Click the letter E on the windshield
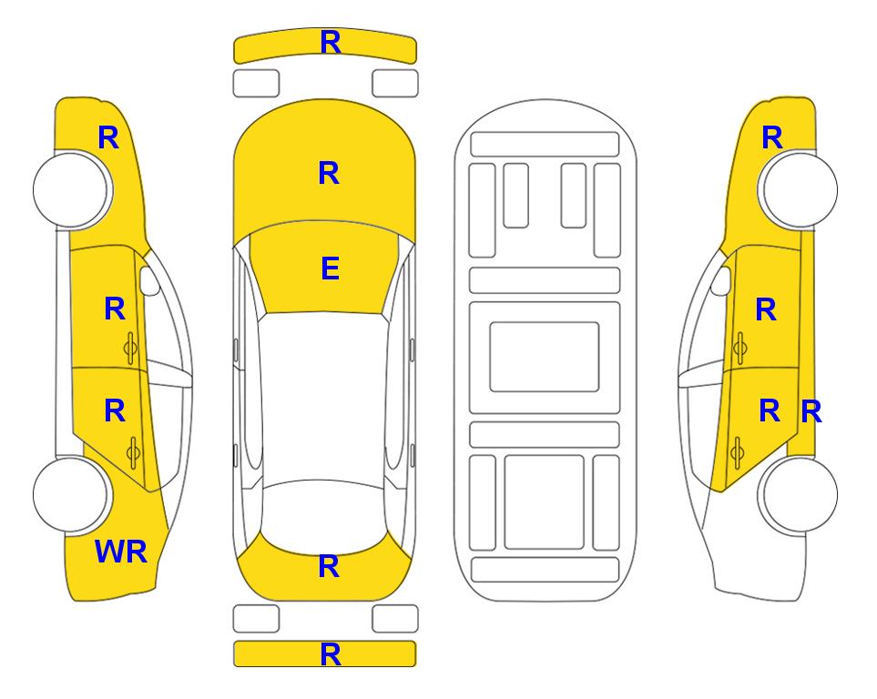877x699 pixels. [330, 268]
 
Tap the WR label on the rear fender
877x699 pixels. [121, 552]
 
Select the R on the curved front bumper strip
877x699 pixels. [331, 42]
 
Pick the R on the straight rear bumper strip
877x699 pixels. [331, 654]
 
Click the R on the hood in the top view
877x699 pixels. [329, 173]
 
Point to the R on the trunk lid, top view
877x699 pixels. [329, 566]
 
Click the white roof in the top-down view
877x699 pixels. [323, 396]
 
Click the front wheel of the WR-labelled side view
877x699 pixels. [72, 190]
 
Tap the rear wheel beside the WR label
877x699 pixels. [71, 495]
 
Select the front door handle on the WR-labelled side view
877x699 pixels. [131, 349]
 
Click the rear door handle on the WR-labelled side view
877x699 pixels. [133, 452]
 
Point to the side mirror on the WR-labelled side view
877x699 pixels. [149, 280]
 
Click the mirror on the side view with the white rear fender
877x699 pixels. [721, 280]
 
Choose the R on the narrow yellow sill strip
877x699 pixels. [811, 412]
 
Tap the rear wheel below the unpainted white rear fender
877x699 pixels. [799, 495]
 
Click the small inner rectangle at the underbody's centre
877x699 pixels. [545, 357]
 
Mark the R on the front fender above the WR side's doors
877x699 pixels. [108, 137]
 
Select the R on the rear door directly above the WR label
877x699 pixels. [115, 411]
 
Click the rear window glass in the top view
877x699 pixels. [323, 517]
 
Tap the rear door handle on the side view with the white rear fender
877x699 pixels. [737, 452]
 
